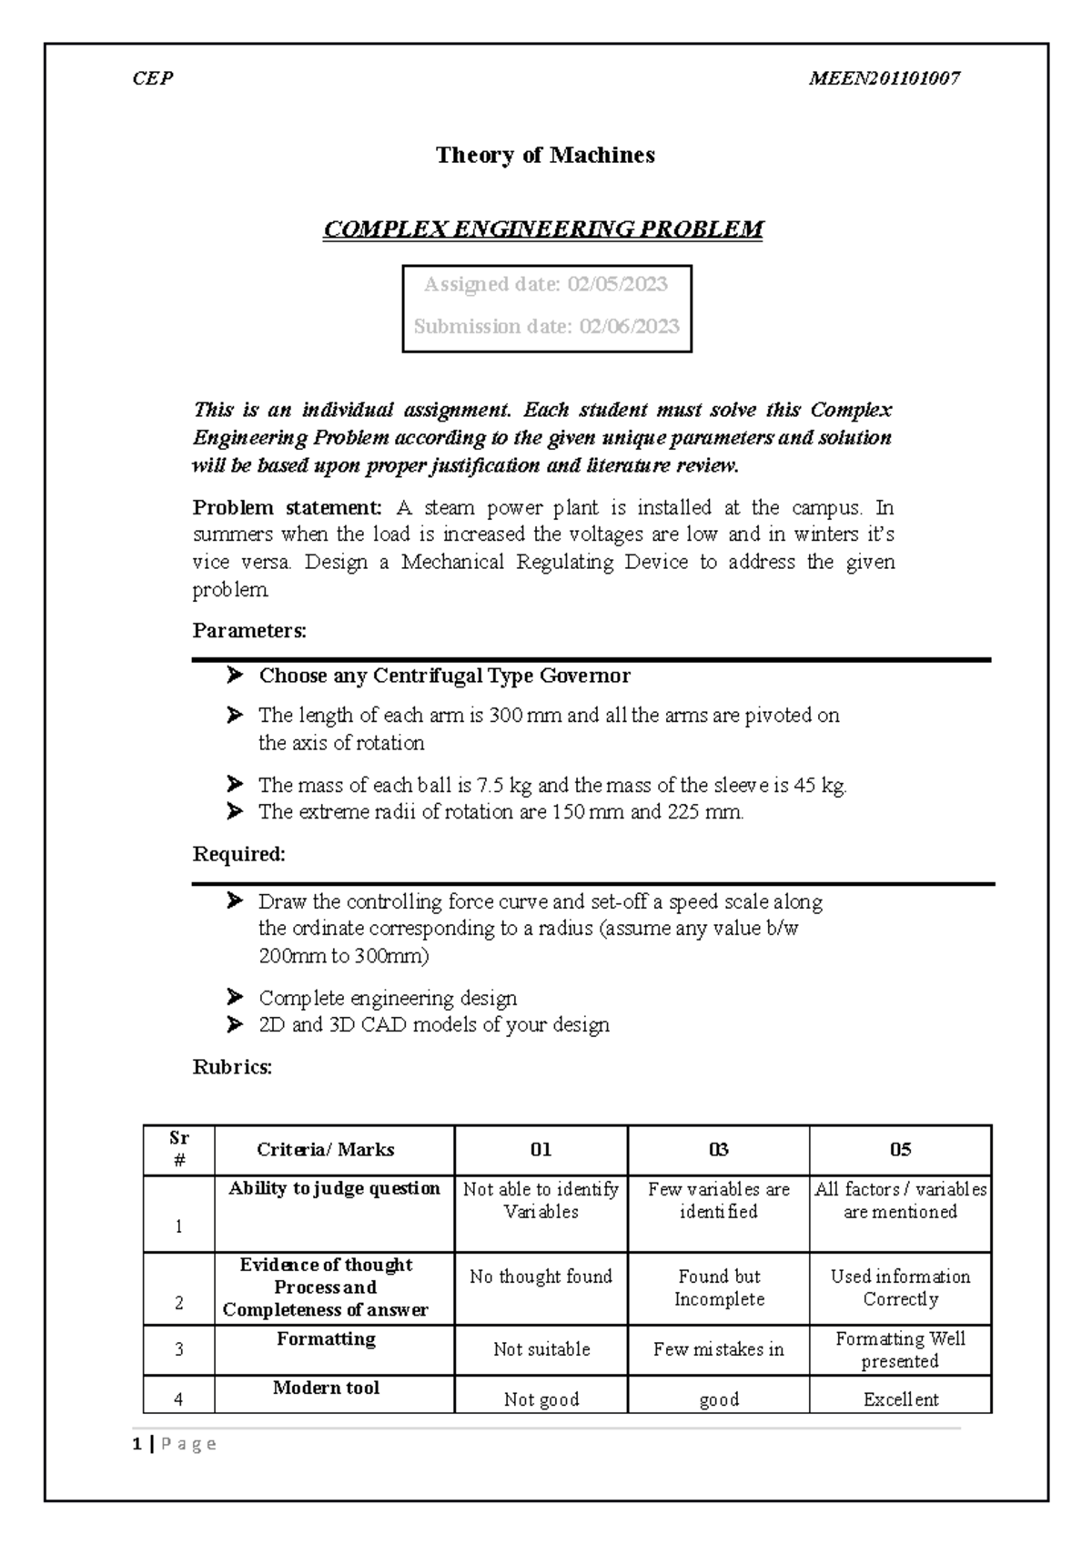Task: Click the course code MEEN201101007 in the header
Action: (x=885, y=78)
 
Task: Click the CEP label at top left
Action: (x=152, y=78)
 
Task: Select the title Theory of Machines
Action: (x=545, y=156)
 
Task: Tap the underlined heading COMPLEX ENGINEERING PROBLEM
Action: (x=543, y=229)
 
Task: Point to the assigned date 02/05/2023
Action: (x=617, y=285)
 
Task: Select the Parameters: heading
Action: (x=249, y=630)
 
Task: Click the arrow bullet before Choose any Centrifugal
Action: (x=235, y=675)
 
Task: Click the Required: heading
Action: (x=239, y=854)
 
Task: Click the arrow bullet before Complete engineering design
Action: (x=235, y=997)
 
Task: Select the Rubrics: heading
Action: (x=232, y=1067)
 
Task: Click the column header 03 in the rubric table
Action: (x=718, y=1150)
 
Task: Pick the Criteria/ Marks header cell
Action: (x=326, y=1150)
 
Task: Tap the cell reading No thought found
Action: (x=541, y=1277)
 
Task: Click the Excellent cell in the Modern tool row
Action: (x=900, y=1399)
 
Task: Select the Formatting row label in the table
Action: (x=326, y=1339)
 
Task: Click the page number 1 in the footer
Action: (x=136, y=1444)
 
